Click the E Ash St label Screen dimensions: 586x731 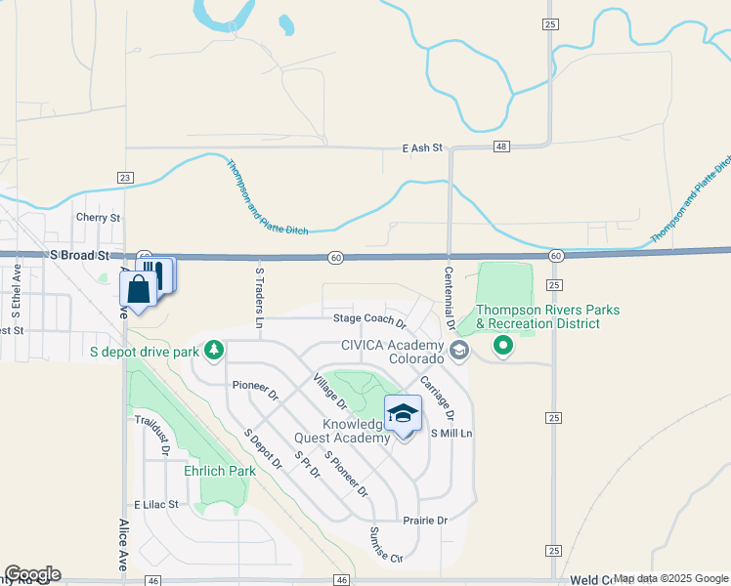(422, 148)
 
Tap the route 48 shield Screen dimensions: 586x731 (501, 146)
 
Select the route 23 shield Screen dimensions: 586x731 (124, 177)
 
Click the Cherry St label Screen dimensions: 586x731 (98, 218)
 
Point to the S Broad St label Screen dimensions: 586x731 (79, 254)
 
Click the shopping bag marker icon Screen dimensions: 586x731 (138, 288)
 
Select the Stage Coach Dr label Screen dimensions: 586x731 (368, 318)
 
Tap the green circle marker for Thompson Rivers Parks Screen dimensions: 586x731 (503, 345)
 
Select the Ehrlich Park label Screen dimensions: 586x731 (220, 471)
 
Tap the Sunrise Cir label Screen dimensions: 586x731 (385, 545)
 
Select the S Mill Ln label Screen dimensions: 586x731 (451, 433)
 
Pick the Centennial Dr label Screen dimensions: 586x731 (450, 298)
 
